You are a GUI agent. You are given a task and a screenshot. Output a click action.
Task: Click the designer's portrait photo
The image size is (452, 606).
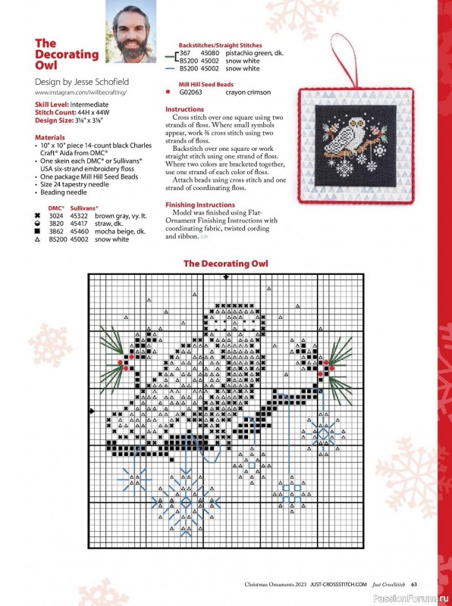coord(130,31)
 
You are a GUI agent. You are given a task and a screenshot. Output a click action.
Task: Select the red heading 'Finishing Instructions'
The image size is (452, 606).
coord(200,205)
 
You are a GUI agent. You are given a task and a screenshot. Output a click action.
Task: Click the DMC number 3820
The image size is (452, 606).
coord(55,223)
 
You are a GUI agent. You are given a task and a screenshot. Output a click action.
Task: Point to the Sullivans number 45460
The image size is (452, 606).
coord(80,232)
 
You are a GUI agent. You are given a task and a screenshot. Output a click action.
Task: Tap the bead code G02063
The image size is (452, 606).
coord(191,92)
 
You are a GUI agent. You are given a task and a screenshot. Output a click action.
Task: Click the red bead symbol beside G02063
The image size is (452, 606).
coord(168,92)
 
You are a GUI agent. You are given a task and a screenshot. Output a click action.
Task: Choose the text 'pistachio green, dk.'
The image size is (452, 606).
coord(254,53)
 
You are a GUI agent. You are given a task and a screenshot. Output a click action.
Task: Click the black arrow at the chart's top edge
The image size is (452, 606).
coord(226,277)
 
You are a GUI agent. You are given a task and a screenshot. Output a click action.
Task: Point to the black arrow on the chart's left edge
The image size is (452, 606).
coord(92,411)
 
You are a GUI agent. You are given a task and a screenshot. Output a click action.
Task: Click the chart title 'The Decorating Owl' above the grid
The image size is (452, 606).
coord(225,264)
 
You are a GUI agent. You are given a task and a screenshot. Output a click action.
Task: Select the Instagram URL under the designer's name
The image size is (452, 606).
coord(81,92)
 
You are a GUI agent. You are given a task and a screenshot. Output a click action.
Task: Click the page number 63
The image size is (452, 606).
coord(413,584)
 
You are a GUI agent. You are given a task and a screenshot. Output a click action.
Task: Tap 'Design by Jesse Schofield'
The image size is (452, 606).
coord(82,82)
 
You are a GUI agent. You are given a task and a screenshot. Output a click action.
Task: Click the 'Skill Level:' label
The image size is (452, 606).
coord(52,105)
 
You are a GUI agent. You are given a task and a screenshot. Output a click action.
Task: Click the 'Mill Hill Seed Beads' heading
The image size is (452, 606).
coord(206,84)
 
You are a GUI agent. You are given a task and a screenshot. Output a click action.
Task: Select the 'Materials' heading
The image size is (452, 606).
coord(50,137)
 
